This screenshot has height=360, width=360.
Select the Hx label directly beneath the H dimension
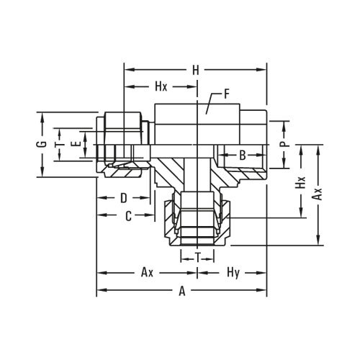pyautogui.click(x=162, y=86)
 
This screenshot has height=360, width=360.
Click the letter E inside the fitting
pyautogui.click(x=77, y=144)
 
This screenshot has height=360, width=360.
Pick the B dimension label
pyautogui.click(x=242, y=154)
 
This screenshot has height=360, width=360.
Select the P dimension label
pyautogui.click(x=285, y=144)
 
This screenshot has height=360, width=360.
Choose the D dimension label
pyautogui.click(x=123, y=197)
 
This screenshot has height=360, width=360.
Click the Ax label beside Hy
pyautogui.click(x=147, y=274)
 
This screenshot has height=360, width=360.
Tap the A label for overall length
pyautogui.click(x=182, y=292)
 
